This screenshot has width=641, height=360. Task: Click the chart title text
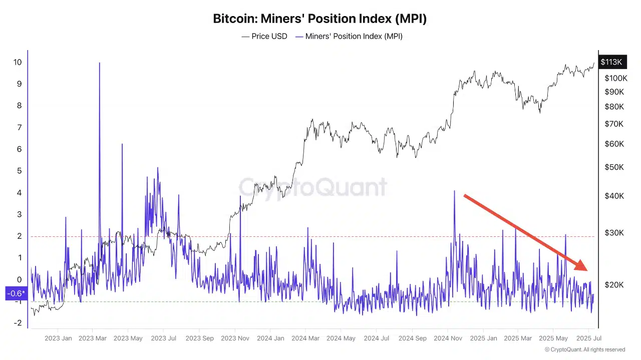320,19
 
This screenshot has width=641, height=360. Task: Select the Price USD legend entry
264,36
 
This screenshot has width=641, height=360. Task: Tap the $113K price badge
611,62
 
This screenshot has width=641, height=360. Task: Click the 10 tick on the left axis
18,62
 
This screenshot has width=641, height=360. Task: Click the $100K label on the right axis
615,78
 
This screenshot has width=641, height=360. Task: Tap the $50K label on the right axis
614,167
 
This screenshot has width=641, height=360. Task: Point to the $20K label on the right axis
614,285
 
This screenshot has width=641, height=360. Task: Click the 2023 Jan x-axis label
58,338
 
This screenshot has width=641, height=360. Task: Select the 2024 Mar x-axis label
306,338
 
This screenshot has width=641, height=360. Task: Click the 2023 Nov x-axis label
235,338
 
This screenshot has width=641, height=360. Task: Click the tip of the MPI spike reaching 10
99,63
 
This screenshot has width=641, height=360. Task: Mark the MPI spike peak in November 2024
454,191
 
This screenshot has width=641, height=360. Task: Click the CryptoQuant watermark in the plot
312,187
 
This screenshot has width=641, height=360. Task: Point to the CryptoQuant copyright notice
584,349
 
